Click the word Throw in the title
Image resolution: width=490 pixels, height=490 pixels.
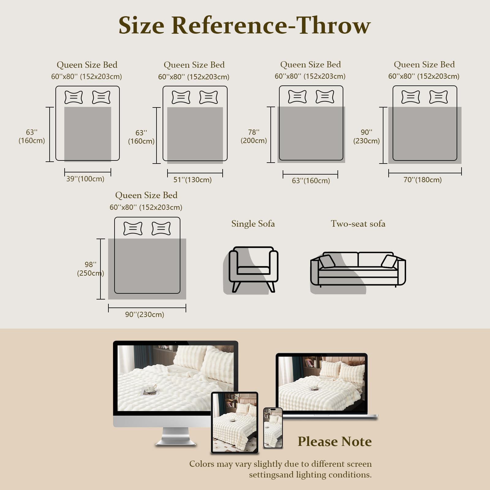click(x=334, y=25)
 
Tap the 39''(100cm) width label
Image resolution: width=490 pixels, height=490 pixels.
click(x=85, y=179)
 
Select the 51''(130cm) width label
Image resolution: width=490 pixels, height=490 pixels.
click(x=193, y=180)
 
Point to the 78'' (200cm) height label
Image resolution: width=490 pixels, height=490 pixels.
click(x=254, y=136)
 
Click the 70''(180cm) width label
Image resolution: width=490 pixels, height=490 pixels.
click(x=423, y=180)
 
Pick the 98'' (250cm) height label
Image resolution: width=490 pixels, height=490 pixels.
click(x=91, y=269)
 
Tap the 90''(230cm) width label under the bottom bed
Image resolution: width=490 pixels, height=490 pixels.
click(x=145, y=315)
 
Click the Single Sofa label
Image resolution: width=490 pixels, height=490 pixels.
click(x=253, y=224)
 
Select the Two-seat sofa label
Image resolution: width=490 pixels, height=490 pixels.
click(x=358, y=224)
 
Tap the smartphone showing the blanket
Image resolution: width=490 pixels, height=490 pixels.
click(x=273, y=428)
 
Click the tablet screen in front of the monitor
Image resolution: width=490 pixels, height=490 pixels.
click(x=235, y=423)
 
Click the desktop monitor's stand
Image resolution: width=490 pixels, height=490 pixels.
click(x=176, y=436)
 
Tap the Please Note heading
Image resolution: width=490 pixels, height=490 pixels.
click(x=335, y=442)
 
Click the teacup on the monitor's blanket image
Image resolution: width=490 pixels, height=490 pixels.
click(x=150, y=389)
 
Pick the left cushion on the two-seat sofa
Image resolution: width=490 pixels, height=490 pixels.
click(x=327, y=262)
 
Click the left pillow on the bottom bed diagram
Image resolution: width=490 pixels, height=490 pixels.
click(x=133, y=228)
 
